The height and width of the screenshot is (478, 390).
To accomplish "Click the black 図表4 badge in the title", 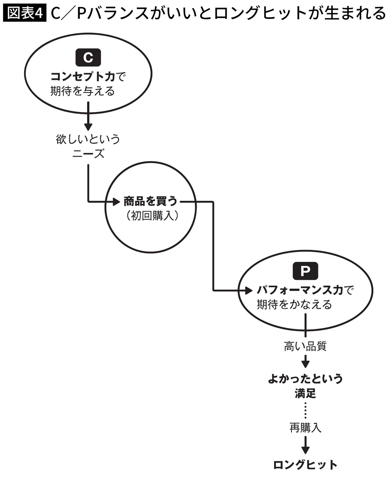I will pos(25,13).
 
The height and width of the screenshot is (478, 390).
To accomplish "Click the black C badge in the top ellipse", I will pos(88,57).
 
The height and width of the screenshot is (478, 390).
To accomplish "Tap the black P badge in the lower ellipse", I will pos(305,271).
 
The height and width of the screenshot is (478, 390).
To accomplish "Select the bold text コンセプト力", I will pos(82,77).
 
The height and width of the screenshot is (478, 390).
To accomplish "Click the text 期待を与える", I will pos(82,91).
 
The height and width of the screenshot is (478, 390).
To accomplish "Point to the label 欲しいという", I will pos(88,139).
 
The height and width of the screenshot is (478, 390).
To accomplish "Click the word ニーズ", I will pos(88,154).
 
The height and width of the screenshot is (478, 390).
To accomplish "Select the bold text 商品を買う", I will pos(150,201).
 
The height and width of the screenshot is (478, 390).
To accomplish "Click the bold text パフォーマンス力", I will pos(300,290).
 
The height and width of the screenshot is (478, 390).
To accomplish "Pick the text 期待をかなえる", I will pos(294,304).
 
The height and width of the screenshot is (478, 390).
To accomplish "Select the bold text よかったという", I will pos(305,379).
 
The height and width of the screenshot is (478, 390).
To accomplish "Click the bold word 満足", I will pos(305,393).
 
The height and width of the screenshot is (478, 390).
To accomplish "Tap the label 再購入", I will pos(305,428).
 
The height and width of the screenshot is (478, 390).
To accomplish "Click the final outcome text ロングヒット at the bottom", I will pos(305,465).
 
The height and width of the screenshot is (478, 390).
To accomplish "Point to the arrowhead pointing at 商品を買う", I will pos(116,201).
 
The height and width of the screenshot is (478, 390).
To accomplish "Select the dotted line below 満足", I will pos(305,410).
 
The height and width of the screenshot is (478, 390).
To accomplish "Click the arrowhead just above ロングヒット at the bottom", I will pos(305,450).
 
